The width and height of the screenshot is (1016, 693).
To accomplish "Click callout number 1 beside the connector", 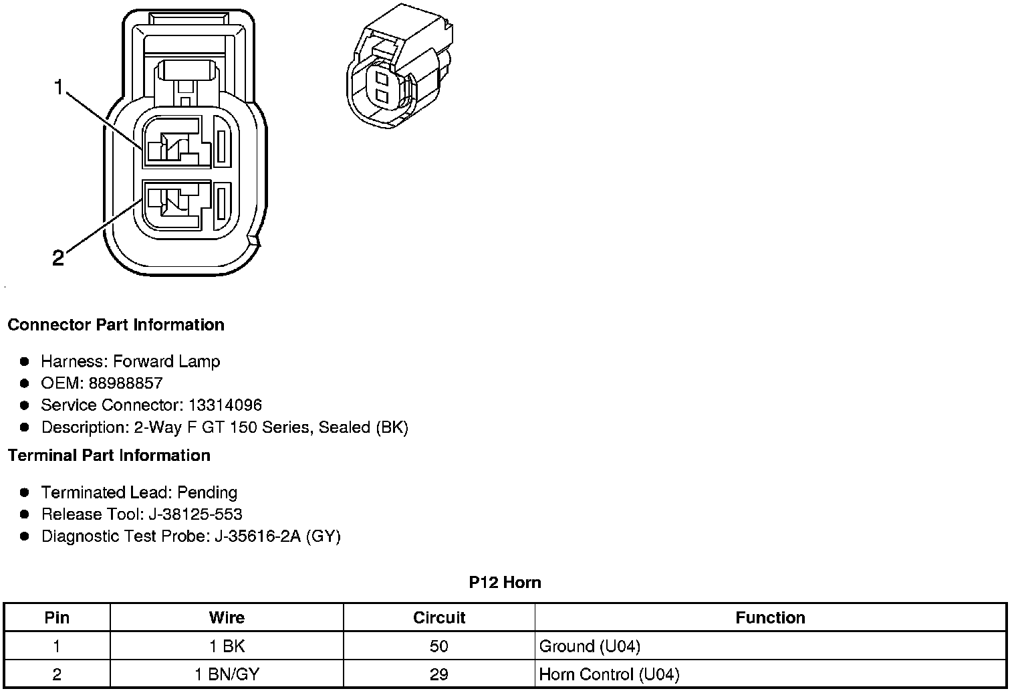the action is click(x=59, y=87).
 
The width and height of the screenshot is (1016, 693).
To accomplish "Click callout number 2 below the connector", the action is click(x=59, y=258).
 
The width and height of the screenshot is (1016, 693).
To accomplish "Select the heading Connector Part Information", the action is click(x=116, y=325).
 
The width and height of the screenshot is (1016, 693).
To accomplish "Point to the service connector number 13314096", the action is click(x=225, y=405).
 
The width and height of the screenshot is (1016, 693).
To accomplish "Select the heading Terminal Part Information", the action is click(x=109, y=456).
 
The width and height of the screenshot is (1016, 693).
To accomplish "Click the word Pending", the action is click(x=207, y=493).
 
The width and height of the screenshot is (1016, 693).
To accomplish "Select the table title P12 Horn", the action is click(x=505, y=583).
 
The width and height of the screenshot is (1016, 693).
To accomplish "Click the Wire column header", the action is click(x=227, y=617).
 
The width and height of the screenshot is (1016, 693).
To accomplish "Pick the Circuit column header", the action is click(x=439, y=617).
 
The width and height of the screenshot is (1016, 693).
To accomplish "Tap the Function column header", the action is click(x=770, y=617).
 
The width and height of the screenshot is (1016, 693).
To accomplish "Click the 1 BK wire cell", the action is click(x=227, y=646).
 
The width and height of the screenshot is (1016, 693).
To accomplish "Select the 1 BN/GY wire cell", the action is click(x=227, y=674).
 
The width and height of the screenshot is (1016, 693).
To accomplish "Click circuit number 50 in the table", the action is click(x=439, y=646).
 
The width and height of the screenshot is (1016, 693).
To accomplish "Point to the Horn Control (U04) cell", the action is click(x=609, y=674).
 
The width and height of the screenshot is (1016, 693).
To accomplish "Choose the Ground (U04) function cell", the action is click(x=590, y=646).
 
